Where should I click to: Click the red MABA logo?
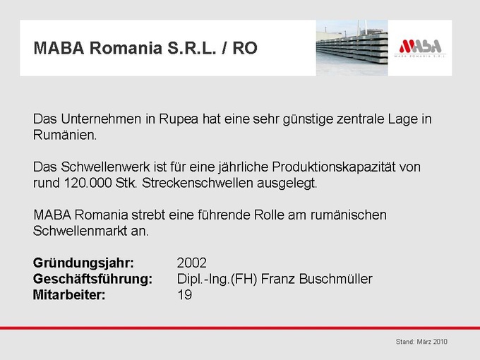[420, 47]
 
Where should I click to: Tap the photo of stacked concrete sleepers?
[352, 48]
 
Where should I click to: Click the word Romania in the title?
[126, 48]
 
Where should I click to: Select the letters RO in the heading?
[245, 48]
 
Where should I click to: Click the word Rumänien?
[65, 135]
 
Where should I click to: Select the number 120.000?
[88, 183]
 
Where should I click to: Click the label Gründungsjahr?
[83, 263]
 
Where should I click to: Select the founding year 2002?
[191, 263]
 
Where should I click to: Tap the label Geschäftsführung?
[92, 280]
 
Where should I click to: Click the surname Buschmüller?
[335, 279]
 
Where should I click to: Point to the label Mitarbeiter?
[69, 295]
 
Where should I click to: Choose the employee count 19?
[185, 295]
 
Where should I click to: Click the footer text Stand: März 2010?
[421, 342]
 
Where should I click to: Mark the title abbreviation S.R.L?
[191, 48]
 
